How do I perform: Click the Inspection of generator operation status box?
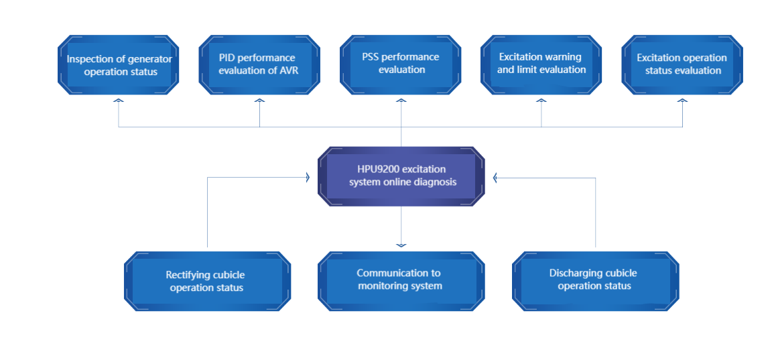pyautogui.click(x=118, y=65)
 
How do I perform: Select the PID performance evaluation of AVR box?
pyautogui.click(x=259, y=65)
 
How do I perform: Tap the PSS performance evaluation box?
pyautogui.click(x=401, y=65)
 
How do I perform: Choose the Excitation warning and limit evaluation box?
pyautogui.click(x=541, y=65)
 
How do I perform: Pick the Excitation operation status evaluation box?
pyautogui.click(x=682, y=65)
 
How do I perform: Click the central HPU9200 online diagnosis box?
pyautogui.click(x=401, y=176)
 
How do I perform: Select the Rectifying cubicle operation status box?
pyautogui.click(x=207, y=281)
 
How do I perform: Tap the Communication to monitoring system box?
pyautogui.click(x=401, y=281)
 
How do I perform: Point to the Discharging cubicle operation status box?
pyautogui.click(x=596, y=281)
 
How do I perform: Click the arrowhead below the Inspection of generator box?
pyautogui.click(x=118, y=100)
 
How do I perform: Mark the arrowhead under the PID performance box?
pyautogui.click(x=259, y=100)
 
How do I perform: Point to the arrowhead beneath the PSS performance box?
pyautogui.click(x=401, y=100)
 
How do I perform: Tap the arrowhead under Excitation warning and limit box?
pyautogui.click(x=541, y=100)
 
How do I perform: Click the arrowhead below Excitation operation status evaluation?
pyautogui.click(x=682, y=100)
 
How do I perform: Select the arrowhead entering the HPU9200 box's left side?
pyautogui.click(x=308, y=177)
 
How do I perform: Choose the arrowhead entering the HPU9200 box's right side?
pyautogui.click(x=495, y=177)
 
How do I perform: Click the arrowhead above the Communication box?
pyautogui.click(x=401, y=245)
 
